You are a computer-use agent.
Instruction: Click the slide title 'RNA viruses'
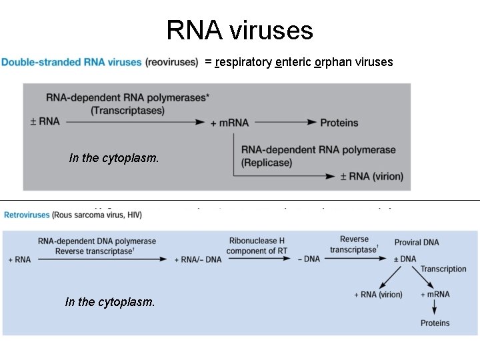pyautogui.click(x=239, y=30)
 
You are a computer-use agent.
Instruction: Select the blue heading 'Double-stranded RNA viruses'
pyautogui.click(x=71, y=63)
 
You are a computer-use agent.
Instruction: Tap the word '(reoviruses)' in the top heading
pyautogui.click(x=171, y=63)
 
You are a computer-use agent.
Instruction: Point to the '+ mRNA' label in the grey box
pyautogui.click(x=229, y=123)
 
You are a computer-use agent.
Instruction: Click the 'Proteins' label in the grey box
pyautogui.click(x=339, y=123)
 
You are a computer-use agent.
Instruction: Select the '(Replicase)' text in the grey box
pyautogui.click(x=267, y=162)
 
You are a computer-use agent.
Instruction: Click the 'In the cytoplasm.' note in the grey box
pyautogui.click(x=114, y=158)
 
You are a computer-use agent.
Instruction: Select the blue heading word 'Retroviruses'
pyautogui.click(x=27, y=215)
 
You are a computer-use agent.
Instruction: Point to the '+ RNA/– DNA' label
pyautogui.click(x=197, y=259)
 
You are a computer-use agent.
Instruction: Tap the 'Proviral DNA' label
pyautogui.click(x=417, y=242)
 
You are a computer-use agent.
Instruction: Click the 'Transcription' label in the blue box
pyautogui.click(x=443, y=269)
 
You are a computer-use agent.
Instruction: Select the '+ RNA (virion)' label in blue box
pyautogui.click(x=378, y=295)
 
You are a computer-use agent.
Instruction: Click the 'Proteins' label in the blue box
pyautogui.click(x=435, y=323)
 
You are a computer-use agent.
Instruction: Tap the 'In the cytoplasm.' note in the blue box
pyautogui.click(x=110, y=302)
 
